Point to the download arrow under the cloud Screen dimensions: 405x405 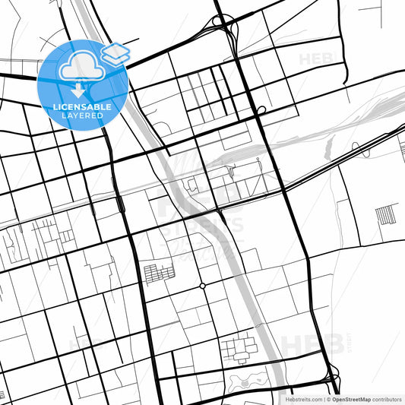point(79,90)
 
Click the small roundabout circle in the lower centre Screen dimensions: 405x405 point(202,286)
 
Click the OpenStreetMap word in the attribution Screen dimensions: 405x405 point(350,399)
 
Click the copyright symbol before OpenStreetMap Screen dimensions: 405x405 point(327,399)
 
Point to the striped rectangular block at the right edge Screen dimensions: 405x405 point(386,214)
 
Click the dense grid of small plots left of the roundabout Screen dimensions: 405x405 point(159,273)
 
